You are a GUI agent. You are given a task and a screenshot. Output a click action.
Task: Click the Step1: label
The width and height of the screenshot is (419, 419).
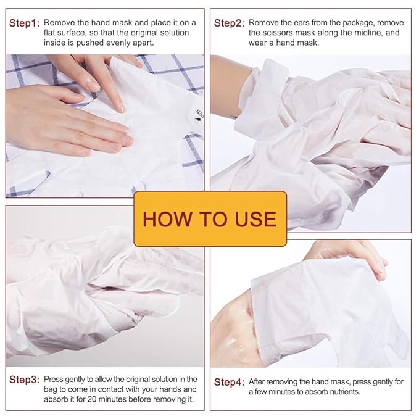pos(24,23)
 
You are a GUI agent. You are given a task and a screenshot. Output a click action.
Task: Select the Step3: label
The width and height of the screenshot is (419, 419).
pos(24,380)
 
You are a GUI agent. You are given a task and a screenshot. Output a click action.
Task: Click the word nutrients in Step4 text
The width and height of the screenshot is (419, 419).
pos(341,392)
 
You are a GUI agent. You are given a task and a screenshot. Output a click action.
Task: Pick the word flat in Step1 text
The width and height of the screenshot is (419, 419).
pos(52,33)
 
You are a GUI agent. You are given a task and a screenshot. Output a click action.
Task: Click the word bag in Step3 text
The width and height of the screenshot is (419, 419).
pos(51,389)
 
